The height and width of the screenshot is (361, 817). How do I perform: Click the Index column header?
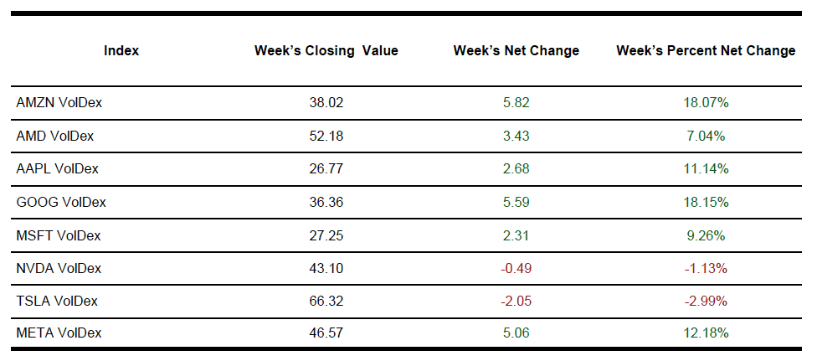pos(121,51)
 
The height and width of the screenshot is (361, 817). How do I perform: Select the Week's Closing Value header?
pos(326,51)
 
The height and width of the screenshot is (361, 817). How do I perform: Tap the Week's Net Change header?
pos(516,51)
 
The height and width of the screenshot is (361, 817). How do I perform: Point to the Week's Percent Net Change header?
pos(706,51)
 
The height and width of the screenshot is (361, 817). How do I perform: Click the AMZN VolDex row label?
pos(59,102)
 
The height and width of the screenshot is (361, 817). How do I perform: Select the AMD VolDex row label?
pos(55,136)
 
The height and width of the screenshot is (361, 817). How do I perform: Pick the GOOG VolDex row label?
pos(61,202)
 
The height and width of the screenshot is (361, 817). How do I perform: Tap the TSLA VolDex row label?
pos(58,301)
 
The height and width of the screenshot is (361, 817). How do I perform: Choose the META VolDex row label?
pos(59,333)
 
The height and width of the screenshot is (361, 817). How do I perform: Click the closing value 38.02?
pos(326,102)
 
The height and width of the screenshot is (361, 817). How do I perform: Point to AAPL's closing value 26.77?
pos(326,168)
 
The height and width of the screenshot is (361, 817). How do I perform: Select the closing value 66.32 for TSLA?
pos(326,301)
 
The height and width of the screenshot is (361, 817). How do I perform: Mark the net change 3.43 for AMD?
pos(516,136)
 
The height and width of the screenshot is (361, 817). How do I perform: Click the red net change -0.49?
pos(516,268)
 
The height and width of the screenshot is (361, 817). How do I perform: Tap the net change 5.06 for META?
pos(516,333)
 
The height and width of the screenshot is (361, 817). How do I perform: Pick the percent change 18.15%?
pos(706,202)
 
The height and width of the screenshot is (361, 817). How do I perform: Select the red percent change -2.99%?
pos(706,301)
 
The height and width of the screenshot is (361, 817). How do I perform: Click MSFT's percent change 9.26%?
pos(706,235)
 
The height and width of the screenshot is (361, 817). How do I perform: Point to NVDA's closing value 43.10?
pos(326,268)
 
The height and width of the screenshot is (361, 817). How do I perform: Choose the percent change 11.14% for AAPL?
pos(706,168)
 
